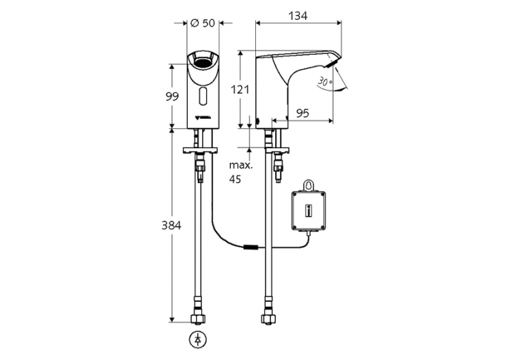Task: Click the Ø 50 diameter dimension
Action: click(203, 23)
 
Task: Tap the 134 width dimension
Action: click(297, 14)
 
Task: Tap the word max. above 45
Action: click(240, 166)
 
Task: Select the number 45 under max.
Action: click(236, 180)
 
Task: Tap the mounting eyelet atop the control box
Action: click(308, 184)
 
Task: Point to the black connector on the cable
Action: click(251, 247)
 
